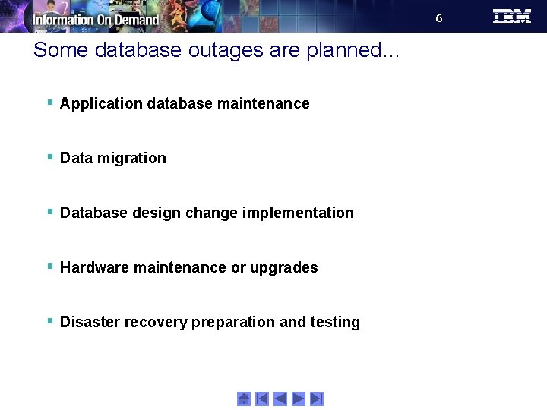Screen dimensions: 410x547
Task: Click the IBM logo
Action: [511, 17]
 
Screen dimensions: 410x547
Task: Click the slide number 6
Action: [438, 18]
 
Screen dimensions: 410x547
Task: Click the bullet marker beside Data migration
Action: [49, 157]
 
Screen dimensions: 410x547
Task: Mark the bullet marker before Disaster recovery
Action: [49, 321]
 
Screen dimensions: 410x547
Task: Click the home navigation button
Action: [244, 399]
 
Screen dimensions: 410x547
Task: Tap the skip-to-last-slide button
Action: [317, 399]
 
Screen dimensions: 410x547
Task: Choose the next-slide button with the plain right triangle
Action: [299, 399]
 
